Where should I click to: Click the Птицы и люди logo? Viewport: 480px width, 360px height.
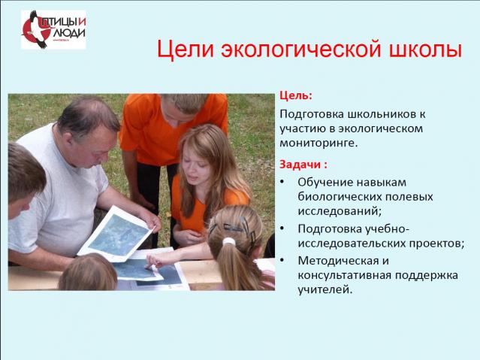(53, 30)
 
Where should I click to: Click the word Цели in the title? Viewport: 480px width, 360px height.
(186, 50)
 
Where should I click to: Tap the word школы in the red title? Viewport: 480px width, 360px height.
(425, 49)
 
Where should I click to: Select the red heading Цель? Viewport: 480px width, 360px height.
(296, 95)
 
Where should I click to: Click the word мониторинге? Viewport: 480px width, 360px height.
(318, 143)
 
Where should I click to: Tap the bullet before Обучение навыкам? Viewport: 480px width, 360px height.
(282, 182)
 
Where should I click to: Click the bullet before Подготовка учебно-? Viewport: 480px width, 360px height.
(282, 228)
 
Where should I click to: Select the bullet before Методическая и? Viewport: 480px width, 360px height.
(282, 261)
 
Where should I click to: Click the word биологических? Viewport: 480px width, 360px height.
(340, 196)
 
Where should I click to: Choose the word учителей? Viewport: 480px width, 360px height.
(325, 289)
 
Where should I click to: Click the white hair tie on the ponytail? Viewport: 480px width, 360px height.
(228, 242)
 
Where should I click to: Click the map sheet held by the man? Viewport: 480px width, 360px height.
(116, 234)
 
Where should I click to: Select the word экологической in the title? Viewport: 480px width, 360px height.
(301, 49)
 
